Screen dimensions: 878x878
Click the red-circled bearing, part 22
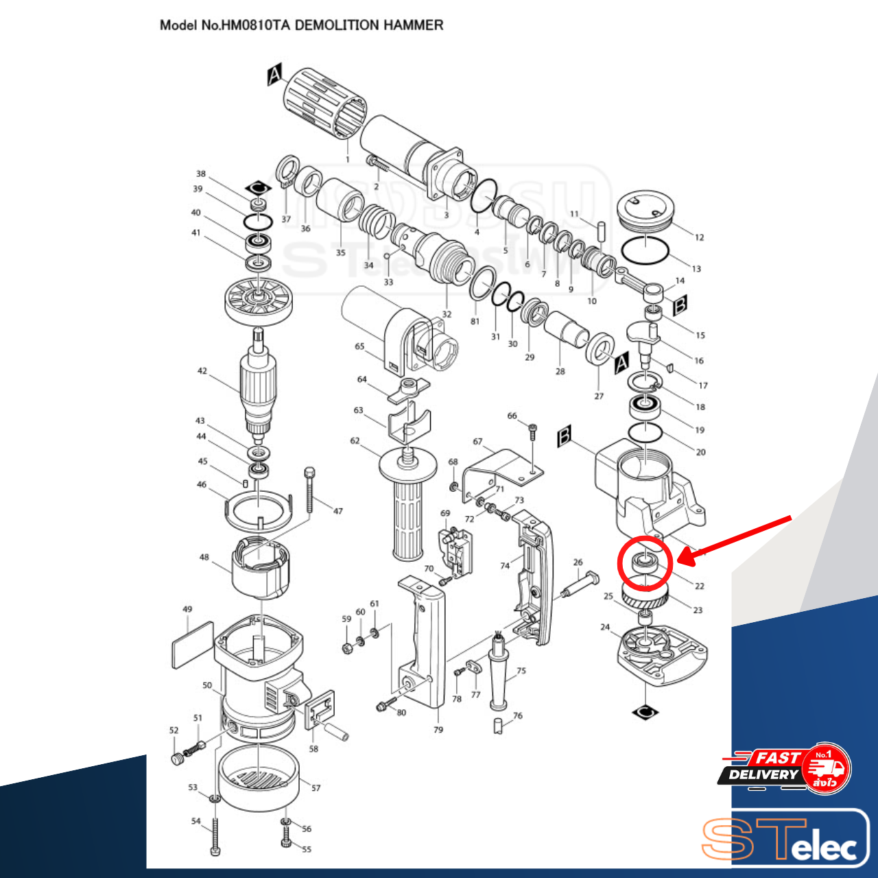click(x=644, y=563)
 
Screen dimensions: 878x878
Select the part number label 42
click(x=202, y=371)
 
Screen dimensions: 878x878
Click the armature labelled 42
click(x=259, y=387)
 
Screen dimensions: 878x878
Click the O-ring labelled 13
click(x=645, y=250)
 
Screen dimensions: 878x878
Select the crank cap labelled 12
click(x=645, y=210)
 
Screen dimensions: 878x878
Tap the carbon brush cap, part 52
click(x=178, y=759)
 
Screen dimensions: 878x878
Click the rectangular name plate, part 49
click(x=192, y=645)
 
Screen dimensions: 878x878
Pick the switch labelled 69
click(x=457, y=553)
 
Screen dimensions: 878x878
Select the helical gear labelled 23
click(x=645, y=597)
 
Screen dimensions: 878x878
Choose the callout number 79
click(x=438, y=730)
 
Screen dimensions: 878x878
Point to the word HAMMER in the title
click(x=413, y=25)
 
